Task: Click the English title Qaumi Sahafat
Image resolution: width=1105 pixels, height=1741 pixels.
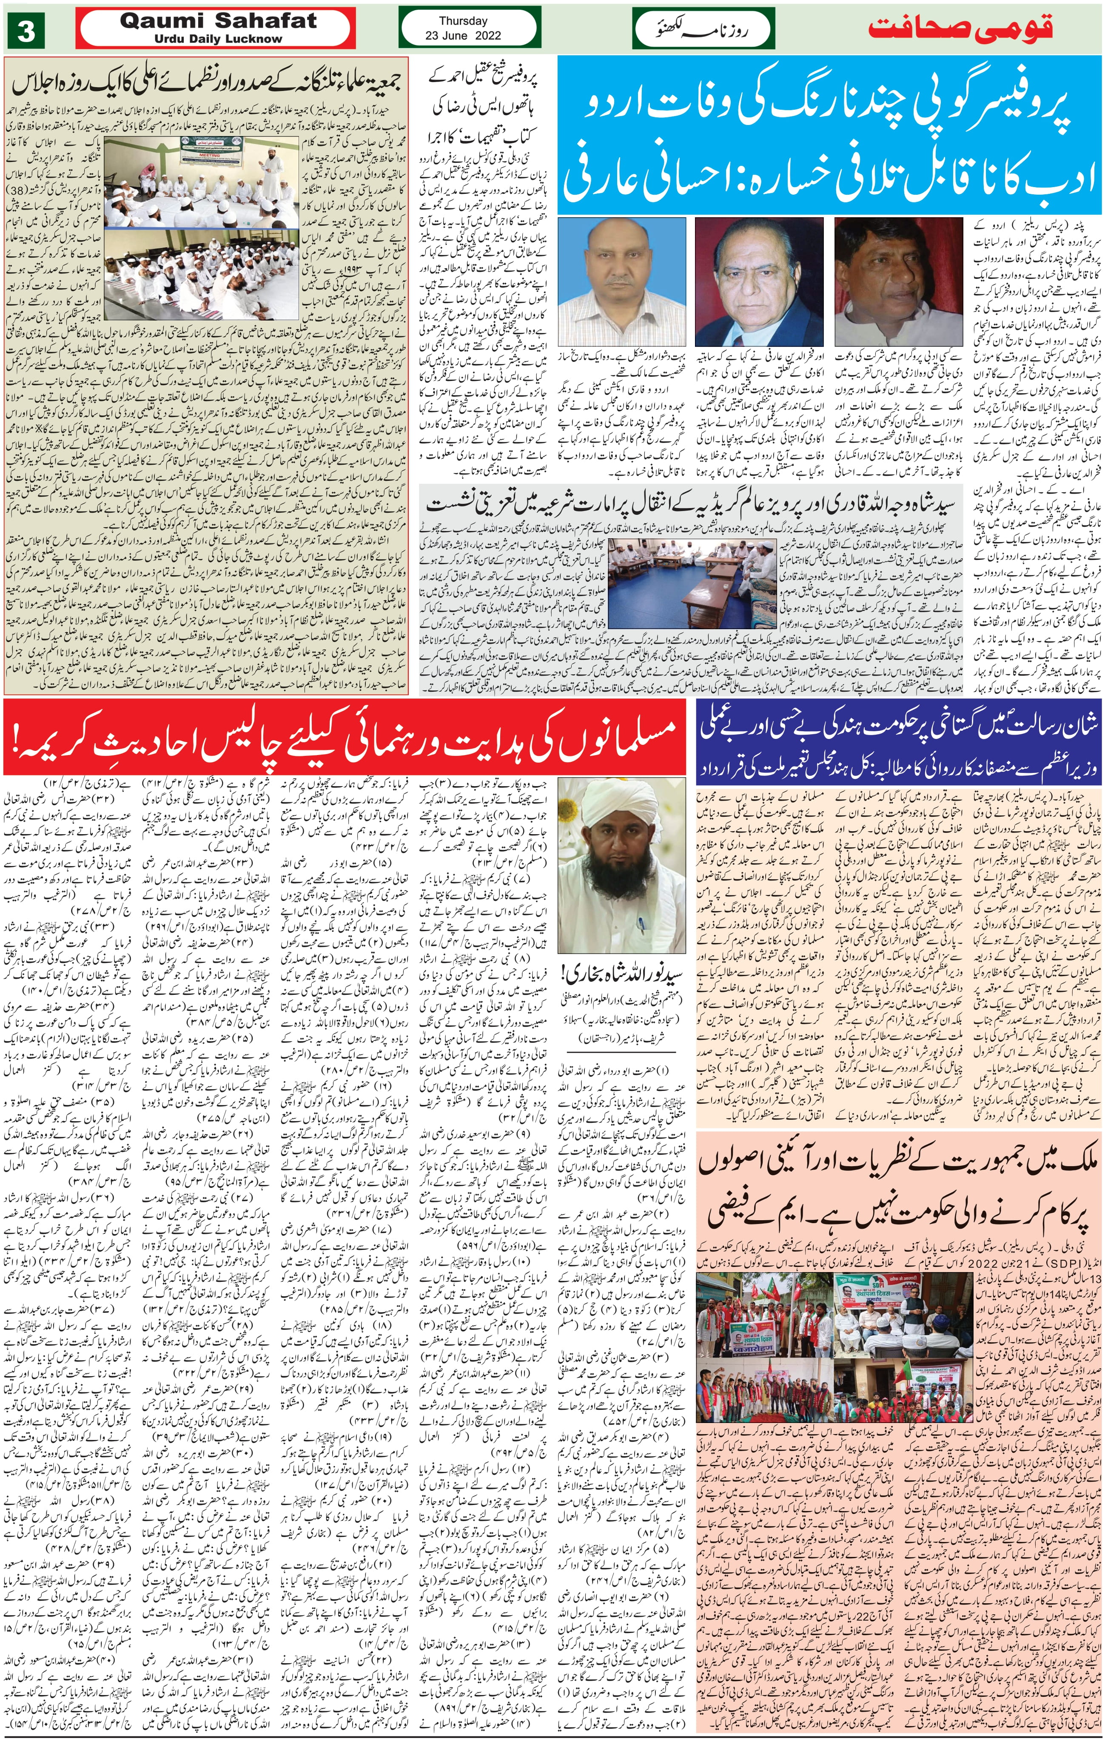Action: (x=218, y=21)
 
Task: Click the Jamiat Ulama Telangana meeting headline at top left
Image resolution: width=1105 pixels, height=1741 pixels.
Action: (x=206, y=85)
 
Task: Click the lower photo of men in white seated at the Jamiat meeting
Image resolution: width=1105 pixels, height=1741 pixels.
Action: (x=201, y=275)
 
